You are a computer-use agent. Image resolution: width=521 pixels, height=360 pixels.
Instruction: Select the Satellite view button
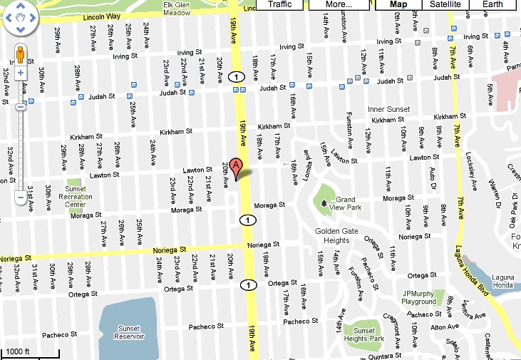point(444,5)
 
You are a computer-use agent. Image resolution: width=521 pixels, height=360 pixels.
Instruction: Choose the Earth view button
point(492,5)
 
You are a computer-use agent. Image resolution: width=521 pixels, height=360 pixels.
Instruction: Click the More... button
point(339,5)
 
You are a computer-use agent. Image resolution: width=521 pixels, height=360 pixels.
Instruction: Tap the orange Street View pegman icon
point(21,55)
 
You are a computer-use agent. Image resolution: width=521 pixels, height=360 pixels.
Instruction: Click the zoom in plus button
point(21,73)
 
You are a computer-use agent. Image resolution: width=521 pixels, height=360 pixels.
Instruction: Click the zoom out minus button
point(21,197)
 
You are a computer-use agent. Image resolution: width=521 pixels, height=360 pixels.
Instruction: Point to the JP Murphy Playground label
point(419,297)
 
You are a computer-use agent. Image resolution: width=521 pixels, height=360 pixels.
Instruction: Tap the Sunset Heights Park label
point(364,334)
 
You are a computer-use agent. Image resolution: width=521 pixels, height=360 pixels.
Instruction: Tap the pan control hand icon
point(21,17)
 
